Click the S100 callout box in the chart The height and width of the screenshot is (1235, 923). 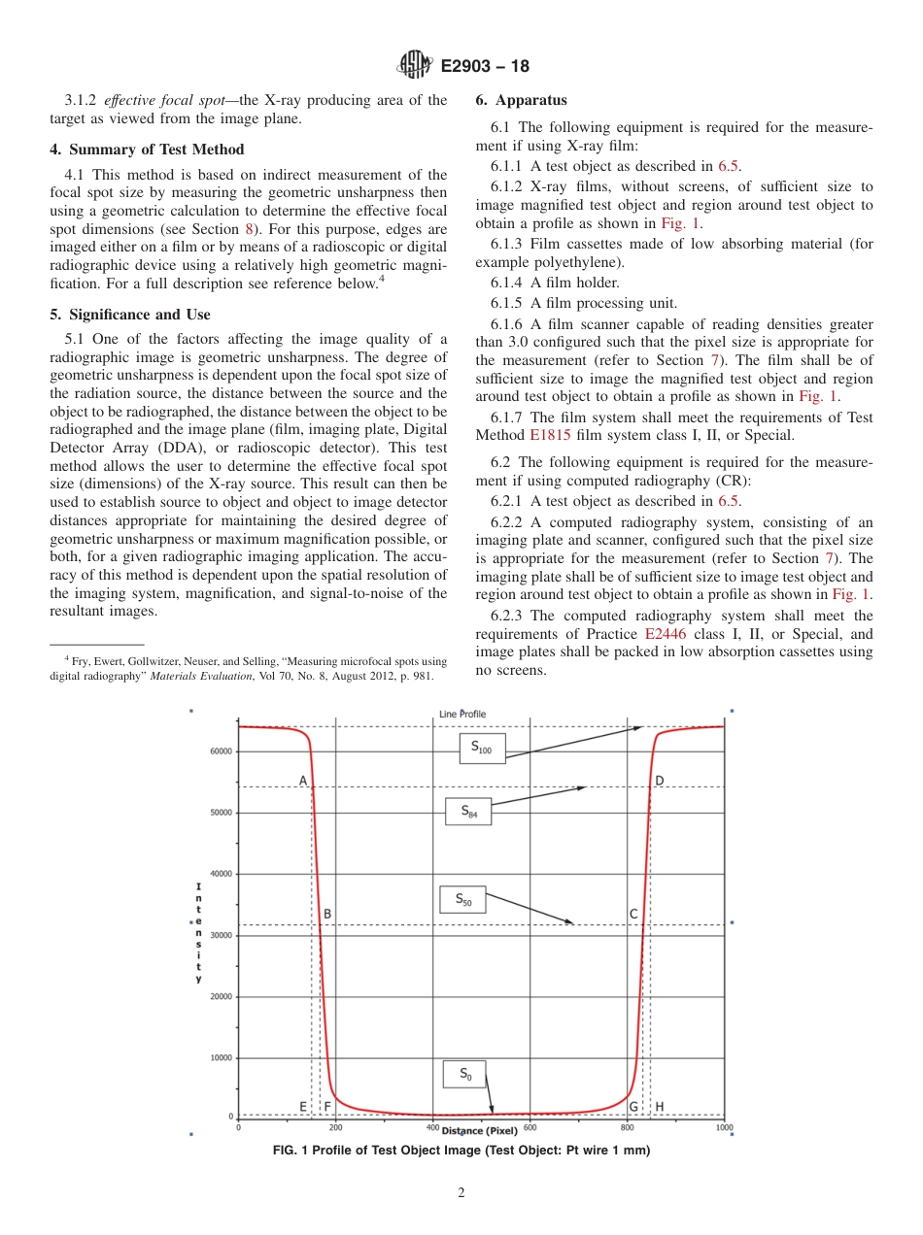click(x=482, y=748)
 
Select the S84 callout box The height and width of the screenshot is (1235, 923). click(x=468, y=811)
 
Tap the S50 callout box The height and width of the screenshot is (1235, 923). click(x=463, y=900)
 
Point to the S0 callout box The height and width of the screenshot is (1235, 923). click(x=464, y=1074)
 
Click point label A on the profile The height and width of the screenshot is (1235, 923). click(x=303, y=781)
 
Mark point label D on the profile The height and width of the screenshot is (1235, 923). click(x=659, y=781)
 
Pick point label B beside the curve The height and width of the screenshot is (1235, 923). click(x=327, y=914)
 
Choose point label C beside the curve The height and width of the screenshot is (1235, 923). click(x=632, y=914)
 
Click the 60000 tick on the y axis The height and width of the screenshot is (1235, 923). click(x=222, y=751)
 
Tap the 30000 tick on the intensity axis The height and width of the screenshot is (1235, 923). click(x=222, y=936)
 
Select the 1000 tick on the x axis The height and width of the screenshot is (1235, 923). click(x=724, y=1127)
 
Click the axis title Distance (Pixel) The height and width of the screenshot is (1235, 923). click(x=480, y=1131)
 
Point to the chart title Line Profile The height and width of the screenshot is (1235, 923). click(x=462, y=714)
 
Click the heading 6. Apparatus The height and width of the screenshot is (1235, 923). click(x=521, y=100)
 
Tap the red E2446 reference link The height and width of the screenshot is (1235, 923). click(x=665, y=634)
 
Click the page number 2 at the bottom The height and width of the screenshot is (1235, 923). click(x=461, y=1193)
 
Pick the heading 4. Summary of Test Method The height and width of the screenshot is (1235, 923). click(x=147, y=150)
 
